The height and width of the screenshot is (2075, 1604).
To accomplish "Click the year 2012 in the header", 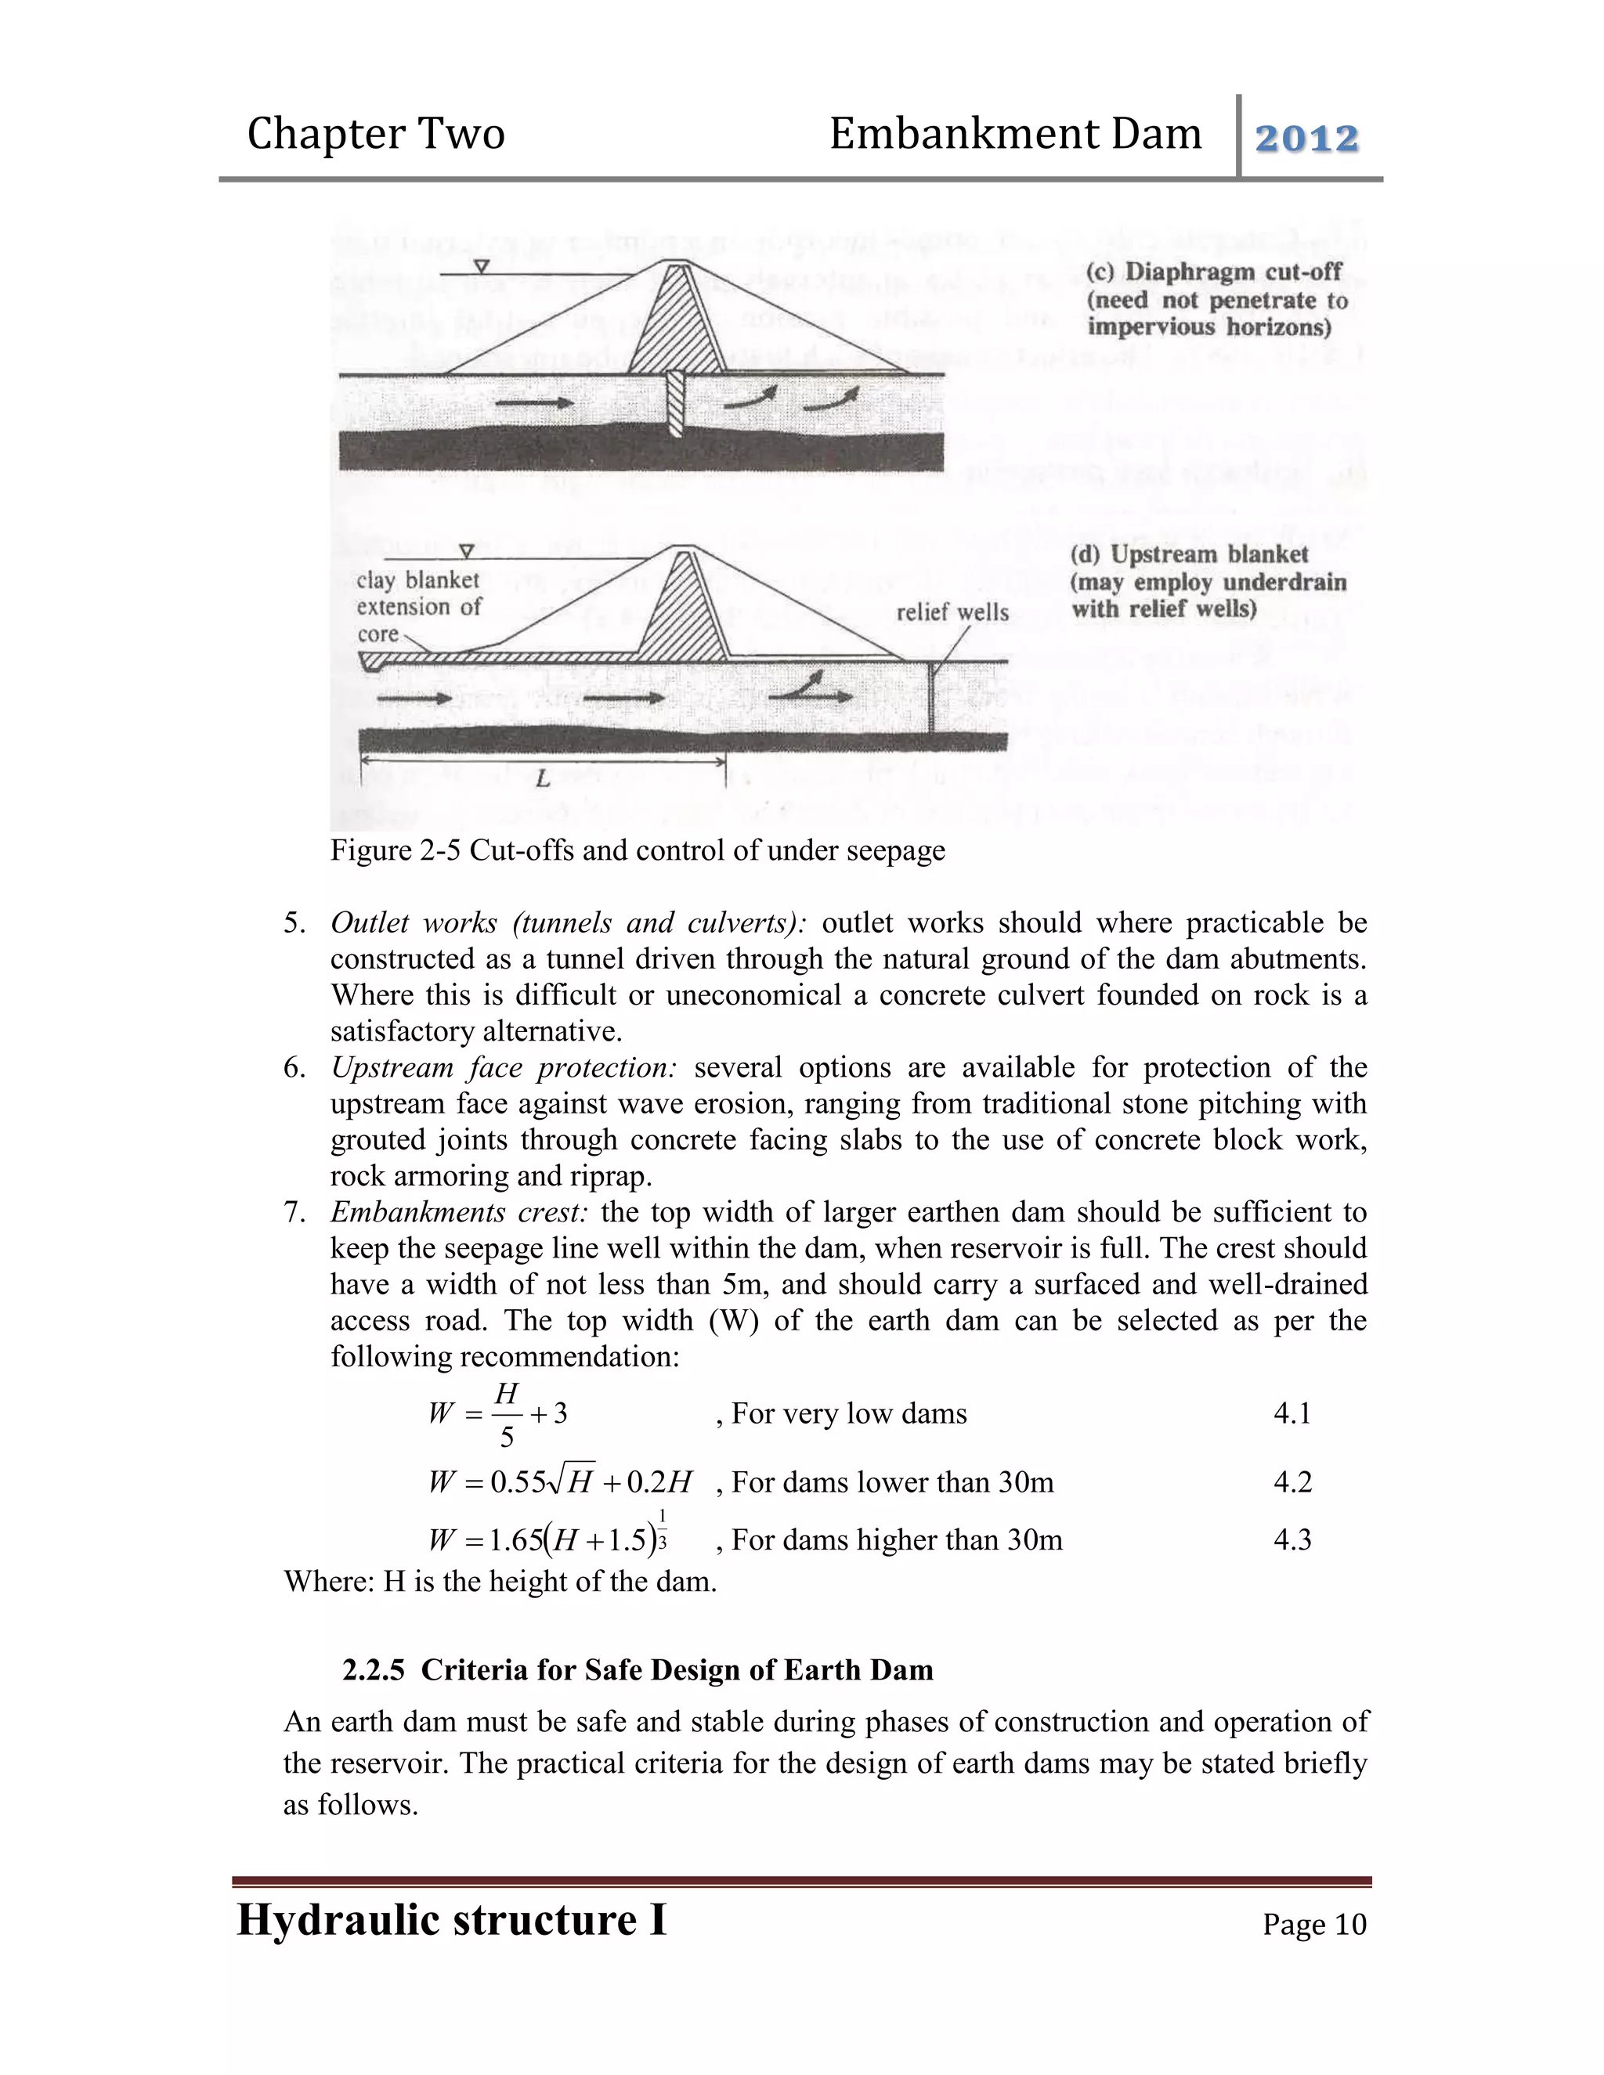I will click(1306, 139).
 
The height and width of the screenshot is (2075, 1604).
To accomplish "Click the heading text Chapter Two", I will click(375, 134).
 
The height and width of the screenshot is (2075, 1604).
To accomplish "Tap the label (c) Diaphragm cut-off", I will click(1213, 272).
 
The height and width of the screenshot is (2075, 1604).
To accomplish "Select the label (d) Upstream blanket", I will click(1190, 555).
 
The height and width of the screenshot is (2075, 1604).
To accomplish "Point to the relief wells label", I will click(952, 613).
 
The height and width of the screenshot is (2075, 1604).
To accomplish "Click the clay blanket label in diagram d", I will click(417, 580).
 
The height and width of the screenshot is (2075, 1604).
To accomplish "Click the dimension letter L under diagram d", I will click(542, 780).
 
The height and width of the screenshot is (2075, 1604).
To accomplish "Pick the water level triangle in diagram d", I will click(467, 551).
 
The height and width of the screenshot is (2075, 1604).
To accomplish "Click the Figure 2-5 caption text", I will click(637, 850).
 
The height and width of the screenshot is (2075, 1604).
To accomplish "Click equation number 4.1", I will click(1292, 1413).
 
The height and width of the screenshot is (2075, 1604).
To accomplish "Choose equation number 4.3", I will click(1292, 1540).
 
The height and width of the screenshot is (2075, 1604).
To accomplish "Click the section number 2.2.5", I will click(374, 1669).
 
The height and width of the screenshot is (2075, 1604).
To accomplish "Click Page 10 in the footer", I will click(1314, 1924).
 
